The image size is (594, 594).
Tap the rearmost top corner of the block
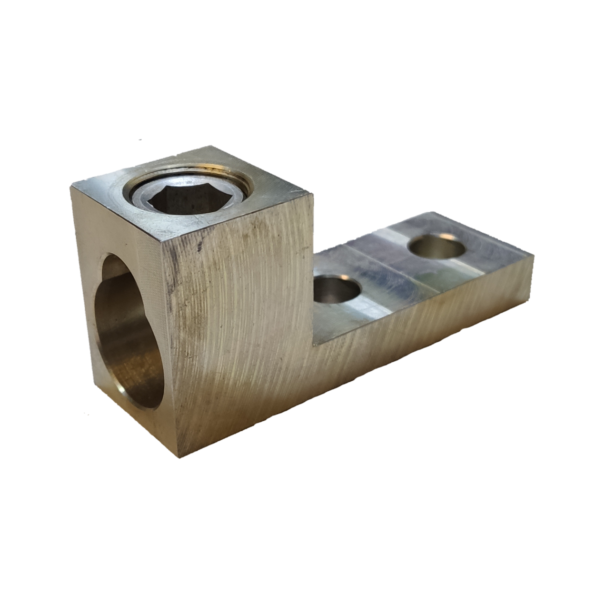(x=209, y=146)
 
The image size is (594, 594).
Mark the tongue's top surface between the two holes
(x=386, y=271)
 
